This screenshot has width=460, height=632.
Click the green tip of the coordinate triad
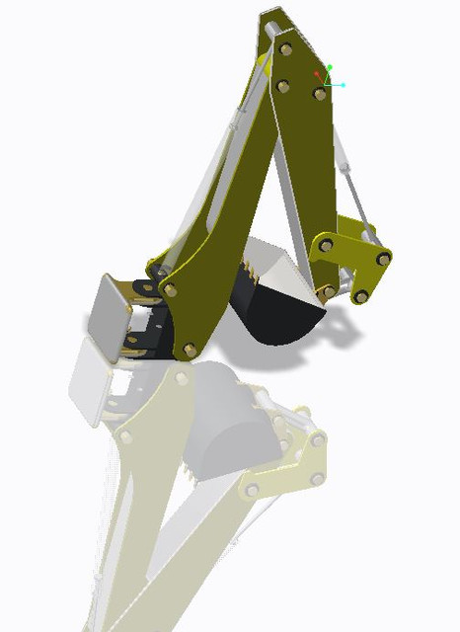330,67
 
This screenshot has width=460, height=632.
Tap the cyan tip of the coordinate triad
343,85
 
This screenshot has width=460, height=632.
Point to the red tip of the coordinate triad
317,74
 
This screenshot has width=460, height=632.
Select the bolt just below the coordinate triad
320,95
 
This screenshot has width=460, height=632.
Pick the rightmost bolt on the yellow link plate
383,258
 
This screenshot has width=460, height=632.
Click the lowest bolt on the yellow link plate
361,295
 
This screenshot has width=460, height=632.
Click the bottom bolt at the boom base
190,350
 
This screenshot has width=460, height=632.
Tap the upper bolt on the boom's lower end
171,289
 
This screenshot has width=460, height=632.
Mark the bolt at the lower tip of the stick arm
327,292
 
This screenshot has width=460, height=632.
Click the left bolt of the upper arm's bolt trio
282,86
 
